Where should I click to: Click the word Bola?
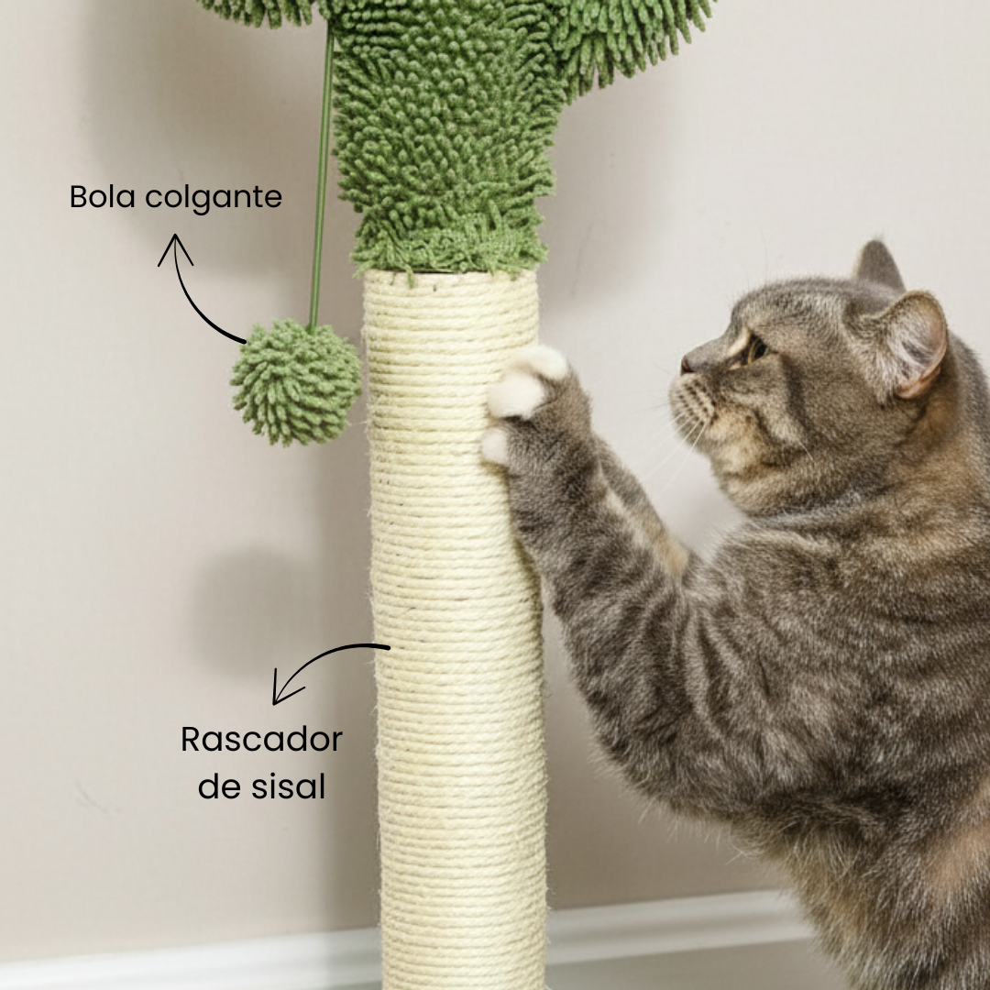103,196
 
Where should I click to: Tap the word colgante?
214,199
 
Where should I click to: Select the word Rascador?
261,740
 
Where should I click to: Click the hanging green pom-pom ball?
295,382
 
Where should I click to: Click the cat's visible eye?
755,350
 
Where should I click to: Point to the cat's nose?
686,365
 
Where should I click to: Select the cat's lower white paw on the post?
496,445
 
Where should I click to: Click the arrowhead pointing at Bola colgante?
175,248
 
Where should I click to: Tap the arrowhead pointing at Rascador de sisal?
283,688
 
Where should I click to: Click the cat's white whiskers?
682,442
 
